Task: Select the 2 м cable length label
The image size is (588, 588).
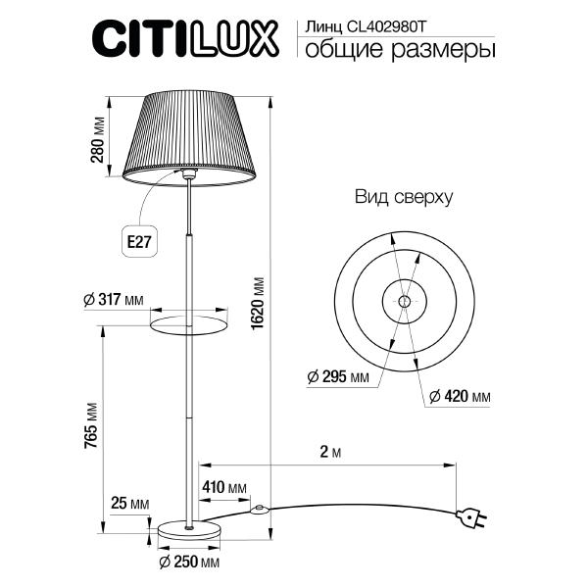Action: [329, 453]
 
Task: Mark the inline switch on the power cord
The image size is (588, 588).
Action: [261, 510]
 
